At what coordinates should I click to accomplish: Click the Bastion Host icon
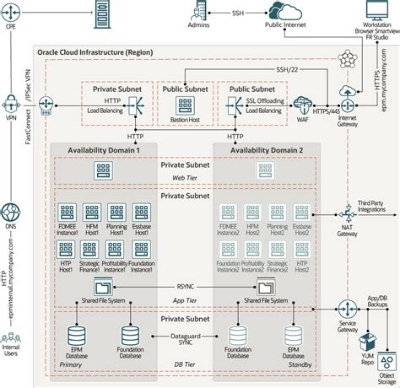click(186, 105)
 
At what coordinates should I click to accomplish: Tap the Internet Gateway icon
click(346, 91)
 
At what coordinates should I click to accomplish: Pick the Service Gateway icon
click(346, 307)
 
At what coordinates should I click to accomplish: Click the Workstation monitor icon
click(376, 10)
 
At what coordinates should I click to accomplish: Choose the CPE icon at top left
click(11, 10)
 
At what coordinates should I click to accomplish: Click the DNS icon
click(11, 210)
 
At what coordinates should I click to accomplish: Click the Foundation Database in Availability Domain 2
click(240, 338)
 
